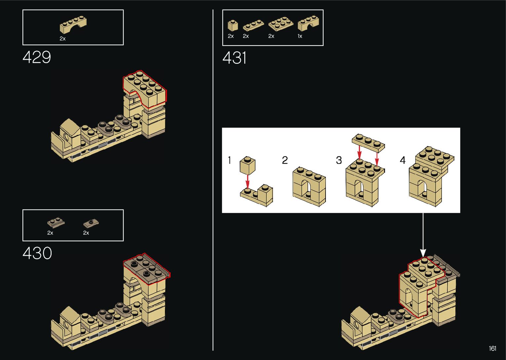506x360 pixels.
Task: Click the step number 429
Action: coord(37,57)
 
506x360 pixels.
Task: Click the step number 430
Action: coord(37,254)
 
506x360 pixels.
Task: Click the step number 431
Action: coord(234,58)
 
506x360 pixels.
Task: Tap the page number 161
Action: coord(492,348)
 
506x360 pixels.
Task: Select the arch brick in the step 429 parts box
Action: coord(73,25)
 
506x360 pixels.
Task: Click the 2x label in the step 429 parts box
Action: coord(62,39)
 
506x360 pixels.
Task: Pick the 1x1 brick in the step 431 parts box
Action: coord(232,25)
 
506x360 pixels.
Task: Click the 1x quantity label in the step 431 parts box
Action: coord(300,36)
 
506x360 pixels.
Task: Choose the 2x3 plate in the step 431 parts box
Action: coord(281,23)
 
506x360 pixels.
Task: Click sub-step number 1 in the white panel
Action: coord(229,160)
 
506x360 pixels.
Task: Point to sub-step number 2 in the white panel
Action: coord(285,160)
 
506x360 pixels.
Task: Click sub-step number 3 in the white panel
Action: coord(339,160)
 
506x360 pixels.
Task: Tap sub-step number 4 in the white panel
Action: coord(403,160)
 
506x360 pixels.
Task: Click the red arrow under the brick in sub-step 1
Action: coord(248,181)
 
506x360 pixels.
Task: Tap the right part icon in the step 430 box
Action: coord(91,223)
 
